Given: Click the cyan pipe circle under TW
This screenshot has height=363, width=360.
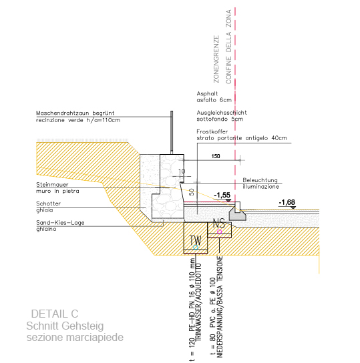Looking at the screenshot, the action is [x=196, y=248].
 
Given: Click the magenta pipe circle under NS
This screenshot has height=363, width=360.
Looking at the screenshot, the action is [x=219, y=232].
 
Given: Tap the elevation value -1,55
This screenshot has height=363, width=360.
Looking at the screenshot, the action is [x=222, y=195].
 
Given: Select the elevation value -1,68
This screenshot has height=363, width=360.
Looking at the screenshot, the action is [x=287, y=202].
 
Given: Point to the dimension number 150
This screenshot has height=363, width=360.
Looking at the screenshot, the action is [x=216, y=156].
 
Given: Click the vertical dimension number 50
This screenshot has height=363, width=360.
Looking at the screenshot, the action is [x=191, y=192].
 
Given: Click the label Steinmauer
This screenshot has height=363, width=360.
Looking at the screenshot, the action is [x=52, y=185].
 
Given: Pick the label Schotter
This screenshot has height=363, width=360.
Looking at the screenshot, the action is [x=48, y=204].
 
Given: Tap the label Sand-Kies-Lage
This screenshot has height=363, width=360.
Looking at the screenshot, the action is [x=60, y=223].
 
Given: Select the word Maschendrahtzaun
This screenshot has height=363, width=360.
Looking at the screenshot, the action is [x=62, y=113].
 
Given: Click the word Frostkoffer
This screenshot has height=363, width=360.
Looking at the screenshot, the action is [x=212, y=131].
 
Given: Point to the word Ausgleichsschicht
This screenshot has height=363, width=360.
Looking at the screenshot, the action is [x=222, y=113].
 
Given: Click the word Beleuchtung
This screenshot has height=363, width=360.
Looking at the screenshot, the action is [x=260, y=180].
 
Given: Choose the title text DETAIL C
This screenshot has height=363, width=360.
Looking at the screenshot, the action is [x=55, y=314].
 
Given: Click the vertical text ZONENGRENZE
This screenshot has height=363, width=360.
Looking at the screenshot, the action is [x=216, y=59].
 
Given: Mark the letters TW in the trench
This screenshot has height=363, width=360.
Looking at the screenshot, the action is [x=195, y=240].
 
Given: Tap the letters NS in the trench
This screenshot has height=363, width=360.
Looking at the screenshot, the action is [x=219, y=224].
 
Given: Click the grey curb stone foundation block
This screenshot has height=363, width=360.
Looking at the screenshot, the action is [x=238, y=214].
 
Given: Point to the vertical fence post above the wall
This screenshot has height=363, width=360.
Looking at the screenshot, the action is [x=172, y=132].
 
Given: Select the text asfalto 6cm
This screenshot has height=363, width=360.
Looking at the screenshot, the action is [x=214, y=100].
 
